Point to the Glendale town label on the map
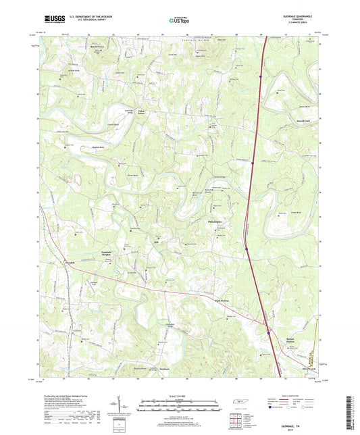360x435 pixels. pos(70,263)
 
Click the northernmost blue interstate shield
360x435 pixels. pos(259,78)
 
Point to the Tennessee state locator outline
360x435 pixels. pos(240,403)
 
